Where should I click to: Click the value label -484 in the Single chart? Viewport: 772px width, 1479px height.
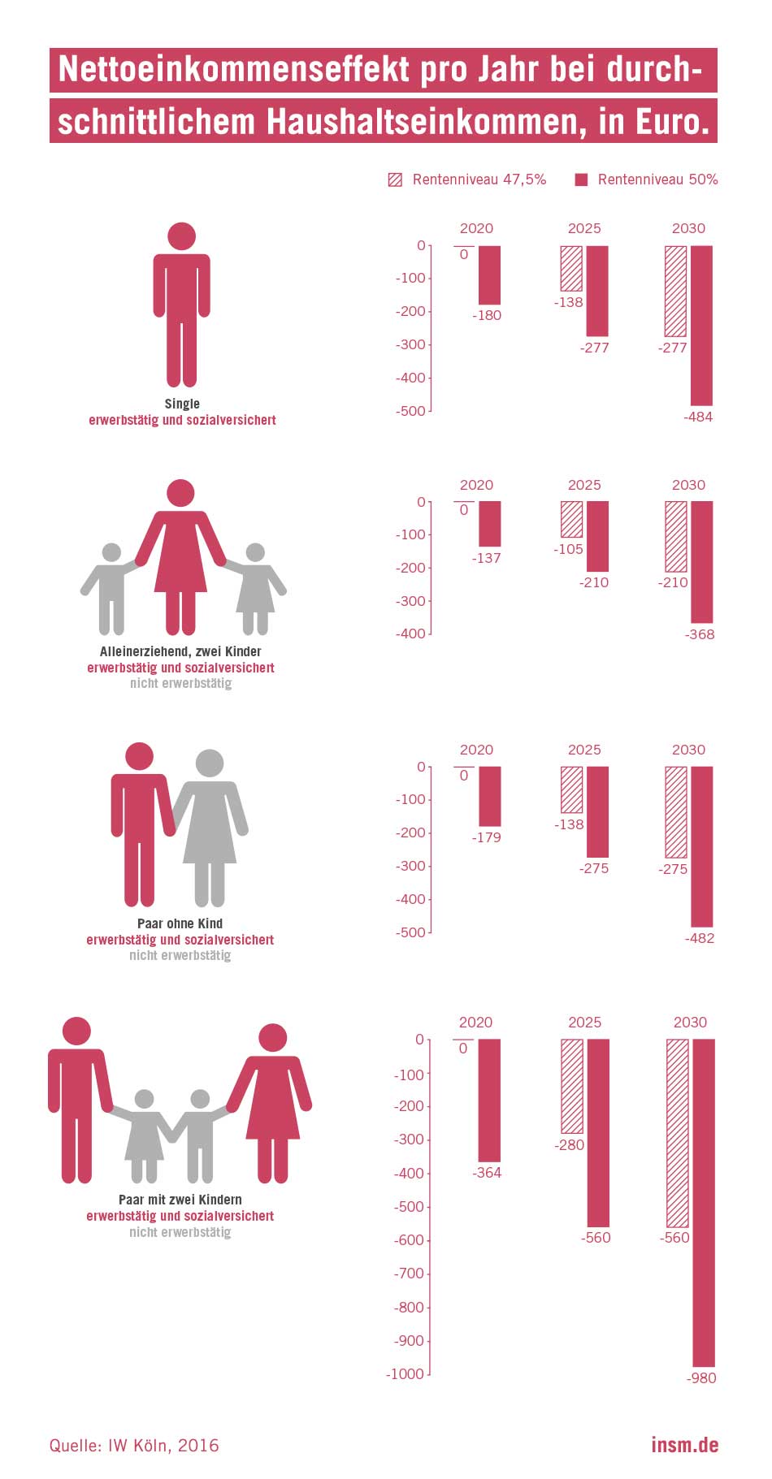pyautogui.click(x=699, y=417)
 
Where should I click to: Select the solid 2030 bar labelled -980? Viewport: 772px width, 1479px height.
pyautogui.click(x=703, y=1202)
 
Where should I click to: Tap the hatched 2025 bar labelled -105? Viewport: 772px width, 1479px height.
pyautogui.click(x=571, y=519)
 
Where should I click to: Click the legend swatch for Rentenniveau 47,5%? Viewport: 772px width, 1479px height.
pyautogui.click(x=395, y=179)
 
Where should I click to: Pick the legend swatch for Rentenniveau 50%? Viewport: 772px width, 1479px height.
pyautogui.click(x=581, y=179)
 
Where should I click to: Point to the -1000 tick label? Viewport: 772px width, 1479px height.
pyautogui.click(x=406, y=1373)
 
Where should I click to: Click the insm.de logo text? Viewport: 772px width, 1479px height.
pyautogui.click(x=684, y=1445)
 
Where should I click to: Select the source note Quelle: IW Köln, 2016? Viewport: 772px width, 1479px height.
pyautogui.click(x=134, y=1445)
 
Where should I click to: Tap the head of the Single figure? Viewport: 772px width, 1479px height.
pyautogui.click(x=181, y=236)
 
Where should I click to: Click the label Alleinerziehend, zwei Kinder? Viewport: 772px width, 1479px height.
pyautogui.click(x=180, y=651)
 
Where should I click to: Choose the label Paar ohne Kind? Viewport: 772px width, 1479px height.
pyautogui.click(x=180, y=923)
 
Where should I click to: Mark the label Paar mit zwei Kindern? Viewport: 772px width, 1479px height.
pyautogui.click(x=180, y=1200)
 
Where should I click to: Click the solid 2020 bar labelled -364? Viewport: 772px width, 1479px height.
pyautogui.click(x=488, y=1100)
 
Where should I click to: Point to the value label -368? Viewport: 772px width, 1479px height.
pyautogui.click(x=700, y=634)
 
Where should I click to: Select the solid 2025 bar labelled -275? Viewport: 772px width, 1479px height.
pyautogui.click(x=597, y=811)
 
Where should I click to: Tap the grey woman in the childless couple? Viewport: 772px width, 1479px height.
pyautogui.click(x=210, y=820)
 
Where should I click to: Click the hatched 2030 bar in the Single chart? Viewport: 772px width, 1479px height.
pyautogui.click(x=675, y=291)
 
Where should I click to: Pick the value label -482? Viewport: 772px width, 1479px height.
pyautogui.click(x=700, y=938)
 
